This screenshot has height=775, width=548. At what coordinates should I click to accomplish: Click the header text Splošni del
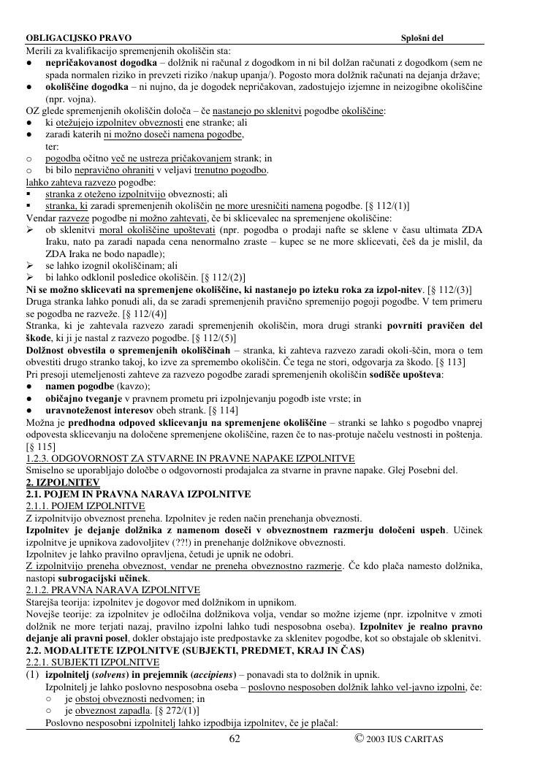pos(422,37)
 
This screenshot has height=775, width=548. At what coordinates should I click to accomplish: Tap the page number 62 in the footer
pos(235,738)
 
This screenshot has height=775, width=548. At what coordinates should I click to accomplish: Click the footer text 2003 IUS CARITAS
pos(404,739)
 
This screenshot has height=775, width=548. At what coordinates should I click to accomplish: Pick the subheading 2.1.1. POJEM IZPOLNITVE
pos(85,505)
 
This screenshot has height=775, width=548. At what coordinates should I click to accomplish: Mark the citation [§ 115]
pos(40,446)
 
